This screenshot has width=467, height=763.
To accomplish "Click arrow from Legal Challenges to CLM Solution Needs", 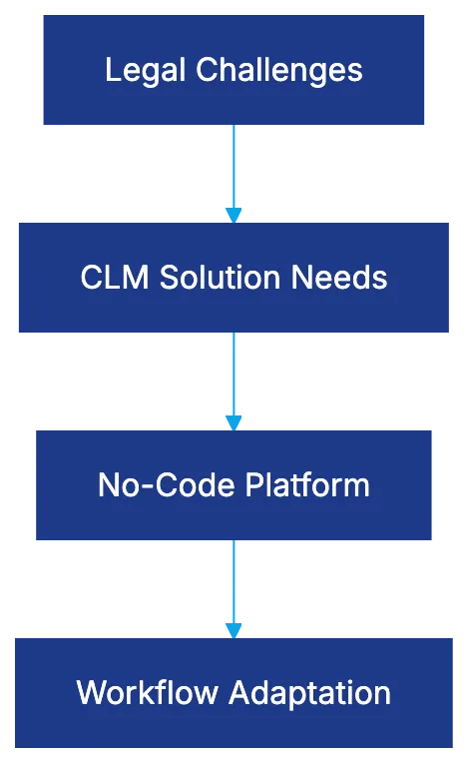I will click(x=233, y=168).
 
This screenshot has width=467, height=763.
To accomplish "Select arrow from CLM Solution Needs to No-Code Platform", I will click(x=233, y=375).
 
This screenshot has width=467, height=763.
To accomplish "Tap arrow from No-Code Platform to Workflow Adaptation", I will click(x=233, y=582).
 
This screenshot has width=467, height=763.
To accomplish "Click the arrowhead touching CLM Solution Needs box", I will click(x=233, y=214).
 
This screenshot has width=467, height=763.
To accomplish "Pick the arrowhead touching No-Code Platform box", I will click(x=233, y=421).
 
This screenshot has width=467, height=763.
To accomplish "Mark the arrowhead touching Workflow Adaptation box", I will click(x=233, y=629).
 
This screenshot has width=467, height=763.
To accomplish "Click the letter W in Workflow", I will click(x=89, y=692).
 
